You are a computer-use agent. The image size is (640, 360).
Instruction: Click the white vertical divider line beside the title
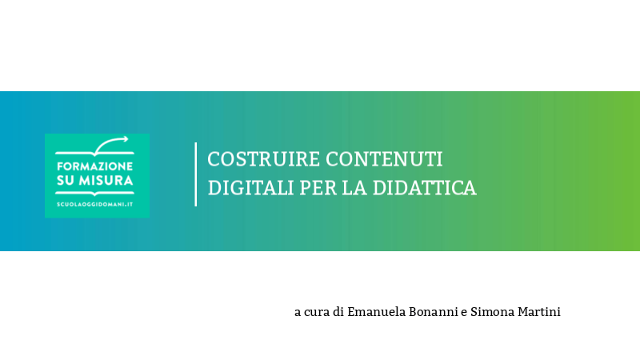point(195,174)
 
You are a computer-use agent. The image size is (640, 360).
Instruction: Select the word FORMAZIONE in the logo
point(95,166)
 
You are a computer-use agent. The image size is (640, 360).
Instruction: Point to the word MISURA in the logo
point(107,181)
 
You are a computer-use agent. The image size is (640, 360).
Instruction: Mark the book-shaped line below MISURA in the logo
point(95,193)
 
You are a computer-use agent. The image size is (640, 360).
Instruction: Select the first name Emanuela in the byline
point(377,312)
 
